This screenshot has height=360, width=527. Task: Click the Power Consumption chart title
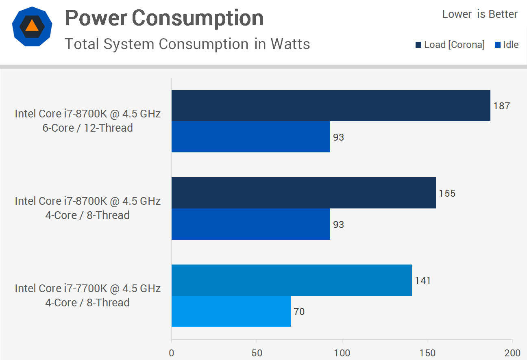(164, 18)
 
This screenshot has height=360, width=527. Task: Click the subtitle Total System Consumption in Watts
(187, 44)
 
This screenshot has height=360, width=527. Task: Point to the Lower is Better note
(480, 14)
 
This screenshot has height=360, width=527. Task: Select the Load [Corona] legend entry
(450, 45)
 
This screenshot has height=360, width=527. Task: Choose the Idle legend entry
(507, 45)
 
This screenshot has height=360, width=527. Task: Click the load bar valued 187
(331, 106)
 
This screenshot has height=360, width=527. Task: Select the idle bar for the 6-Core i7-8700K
(250, 137)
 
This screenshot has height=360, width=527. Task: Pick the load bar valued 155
(303, 193)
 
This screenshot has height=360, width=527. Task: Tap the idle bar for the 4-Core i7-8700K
(250, 224)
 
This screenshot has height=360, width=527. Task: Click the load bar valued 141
(292, 280)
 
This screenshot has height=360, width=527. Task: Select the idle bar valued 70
(231, 312)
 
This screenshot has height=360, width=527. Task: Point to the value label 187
(502, 106)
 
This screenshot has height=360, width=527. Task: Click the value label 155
(447, 193)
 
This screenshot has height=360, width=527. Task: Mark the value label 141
(423, 281)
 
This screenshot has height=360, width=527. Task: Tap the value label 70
(299, 312)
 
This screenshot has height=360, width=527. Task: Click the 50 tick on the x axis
(257, 352)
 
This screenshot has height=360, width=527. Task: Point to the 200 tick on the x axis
(512, 352)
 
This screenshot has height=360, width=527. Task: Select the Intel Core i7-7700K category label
(88, 288)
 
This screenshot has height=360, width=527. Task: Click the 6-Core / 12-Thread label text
(88, 128)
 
